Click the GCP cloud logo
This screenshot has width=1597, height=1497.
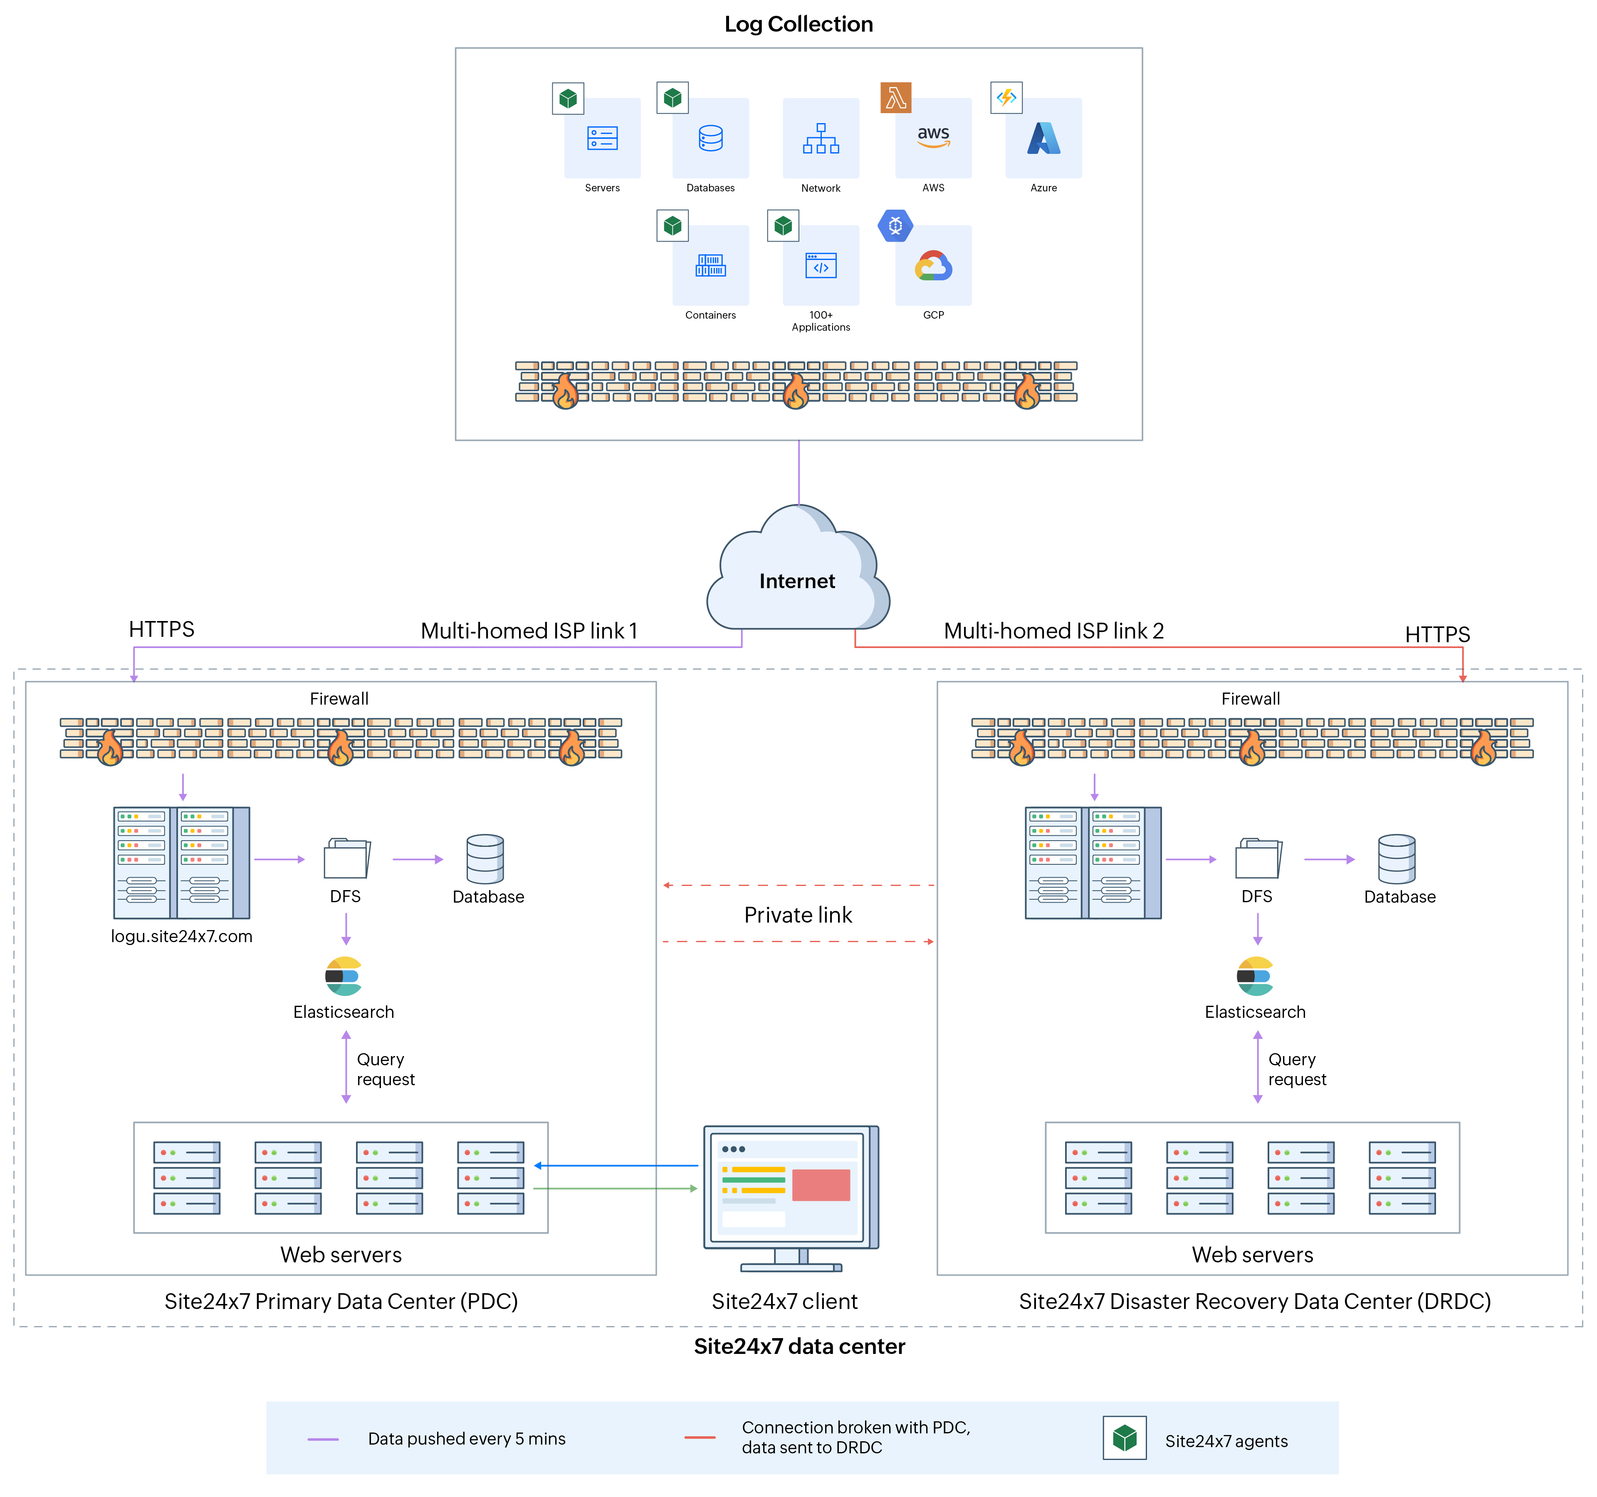click(x=933, y=265)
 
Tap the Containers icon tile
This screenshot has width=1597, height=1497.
click(x=710, y=265)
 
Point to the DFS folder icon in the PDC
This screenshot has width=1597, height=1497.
click(x=346, y=858)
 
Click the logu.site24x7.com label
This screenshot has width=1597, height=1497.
click(x=182, y=936)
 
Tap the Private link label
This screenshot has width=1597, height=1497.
click(x=798, y=914)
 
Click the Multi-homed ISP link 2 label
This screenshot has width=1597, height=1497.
click(x=1053, y=631)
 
